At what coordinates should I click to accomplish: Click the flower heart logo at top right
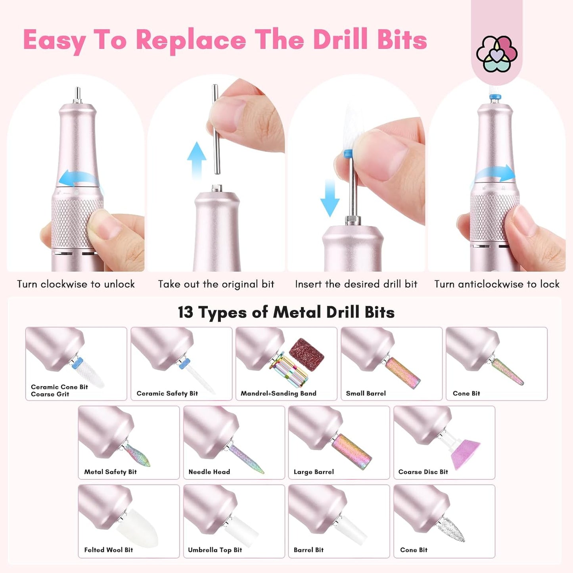[x=496, y=54]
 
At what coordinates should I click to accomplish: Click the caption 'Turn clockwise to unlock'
[x=76, y=284]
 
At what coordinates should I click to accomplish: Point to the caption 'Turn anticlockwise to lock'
[x=496, y=284]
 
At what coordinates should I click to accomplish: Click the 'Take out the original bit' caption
[x=216, y=284]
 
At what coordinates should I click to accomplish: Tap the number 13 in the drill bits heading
[x=185, y=312]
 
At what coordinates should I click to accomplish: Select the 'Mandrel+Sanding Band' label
[x=278, y=393]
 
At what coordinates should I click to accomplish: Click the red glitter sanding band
[x=307, y=355]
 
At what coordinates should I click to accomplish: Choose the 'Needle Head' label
[x=209, y=472]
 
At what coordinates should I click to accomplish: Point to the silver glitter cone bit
[x=452, y=529]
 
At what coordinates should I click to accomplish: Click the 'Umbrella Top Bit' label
[x=215, y=550]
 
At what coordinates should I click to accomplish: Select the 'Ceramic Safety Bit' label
[x=167, y=393]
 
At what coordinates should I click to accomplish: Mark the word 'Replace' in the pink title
[x=191, y=40]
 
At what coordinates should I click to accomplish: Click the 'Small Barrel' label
[x=366, y=393]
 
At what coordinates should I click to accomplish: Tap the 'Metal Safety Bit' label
[x=110, y=472]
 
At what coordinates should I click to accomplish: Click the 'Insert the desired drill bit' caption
[x=356, y=284]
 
